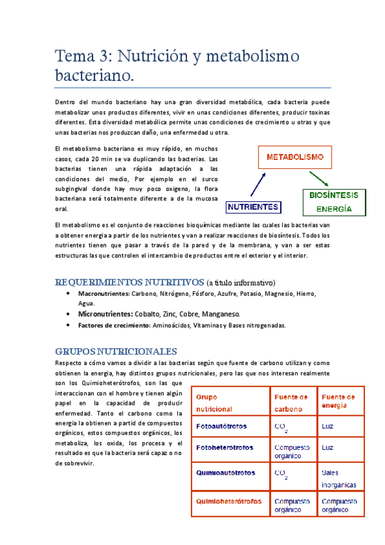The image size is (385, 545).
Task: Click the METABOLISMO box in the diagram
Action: (x=295, y=157)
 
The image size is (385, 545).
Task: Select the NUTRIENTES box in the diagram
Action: (x=253, y=207)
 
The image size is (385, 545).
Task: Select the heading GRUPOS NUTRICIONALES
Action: (x=116, y=352)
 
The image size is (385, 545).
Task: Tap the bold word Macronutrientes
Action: (x=103, y=294)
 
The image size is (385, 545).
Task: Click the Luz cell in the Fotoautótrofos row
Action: (x=328, y=425)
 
